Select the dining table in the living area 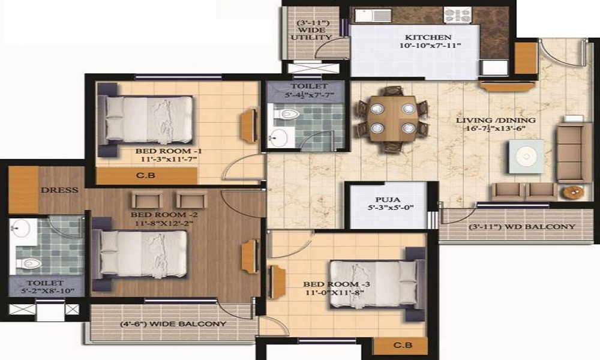click(x=392, y=119)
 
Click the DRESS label click(x=60, y=190)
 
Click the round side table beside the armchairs click(x=574, y=193)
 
